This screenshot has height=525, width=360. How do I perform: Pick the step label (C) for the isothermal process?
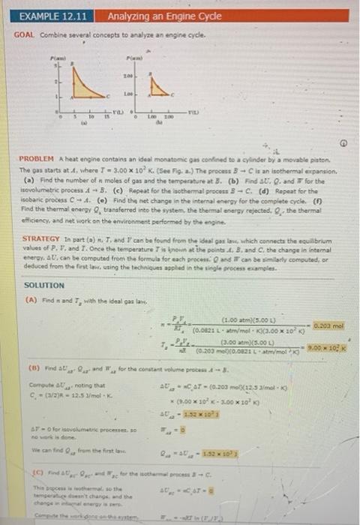tap(32, 473)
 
